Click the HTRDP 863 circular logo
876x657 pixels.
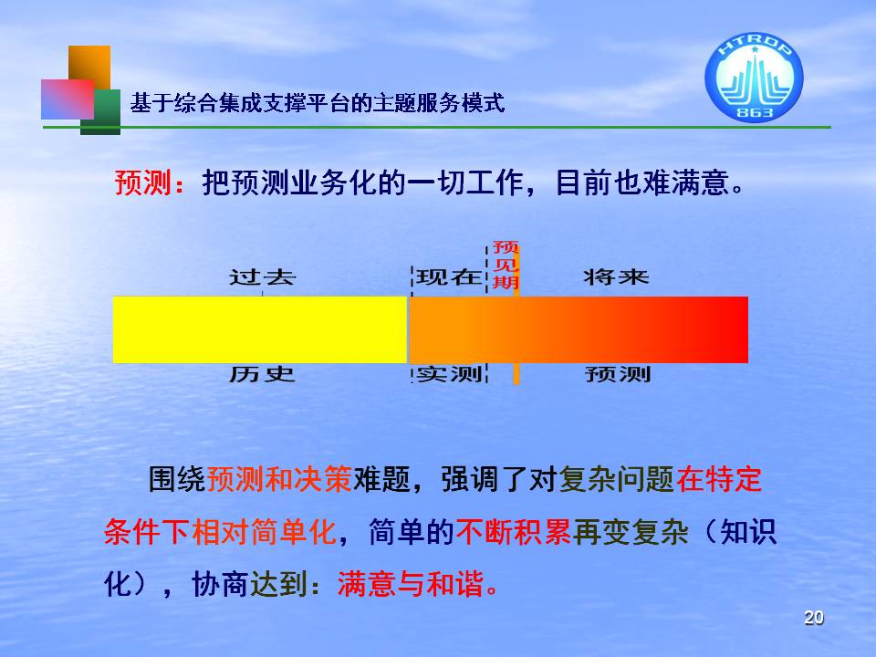(x=754, y=77)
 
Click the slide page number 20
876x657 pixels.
(x=813, y=618)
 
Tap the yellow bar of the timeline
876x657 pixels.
(x=260, y=329)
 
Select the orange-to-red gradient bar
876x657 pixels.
(x=579, y=329)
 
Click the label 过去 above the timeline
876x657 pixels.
(x=262, y=277)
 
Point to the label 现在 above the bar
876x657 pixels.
(x=449, y=277)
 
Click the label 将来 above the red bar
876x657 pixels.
(x=616, y=277)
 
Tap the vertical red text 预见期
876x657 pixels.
(x=506, y=265)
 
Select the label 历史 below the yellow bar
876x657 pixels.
(x=262, y=374)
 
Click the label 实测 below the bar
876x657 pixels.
(x=449, y=374)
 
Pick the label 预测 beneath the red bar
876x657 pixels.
(x=618, y=374)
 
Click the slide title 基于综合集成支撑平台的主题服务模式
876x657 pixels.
(x=318, y=103)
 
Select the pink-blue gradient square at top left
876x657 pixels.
(x=67, y=99)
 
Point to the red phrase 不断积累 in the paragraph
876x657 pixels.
(x=514, y=531)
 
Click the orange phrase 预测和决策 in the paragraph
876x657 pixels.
(x=279, y=479)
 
